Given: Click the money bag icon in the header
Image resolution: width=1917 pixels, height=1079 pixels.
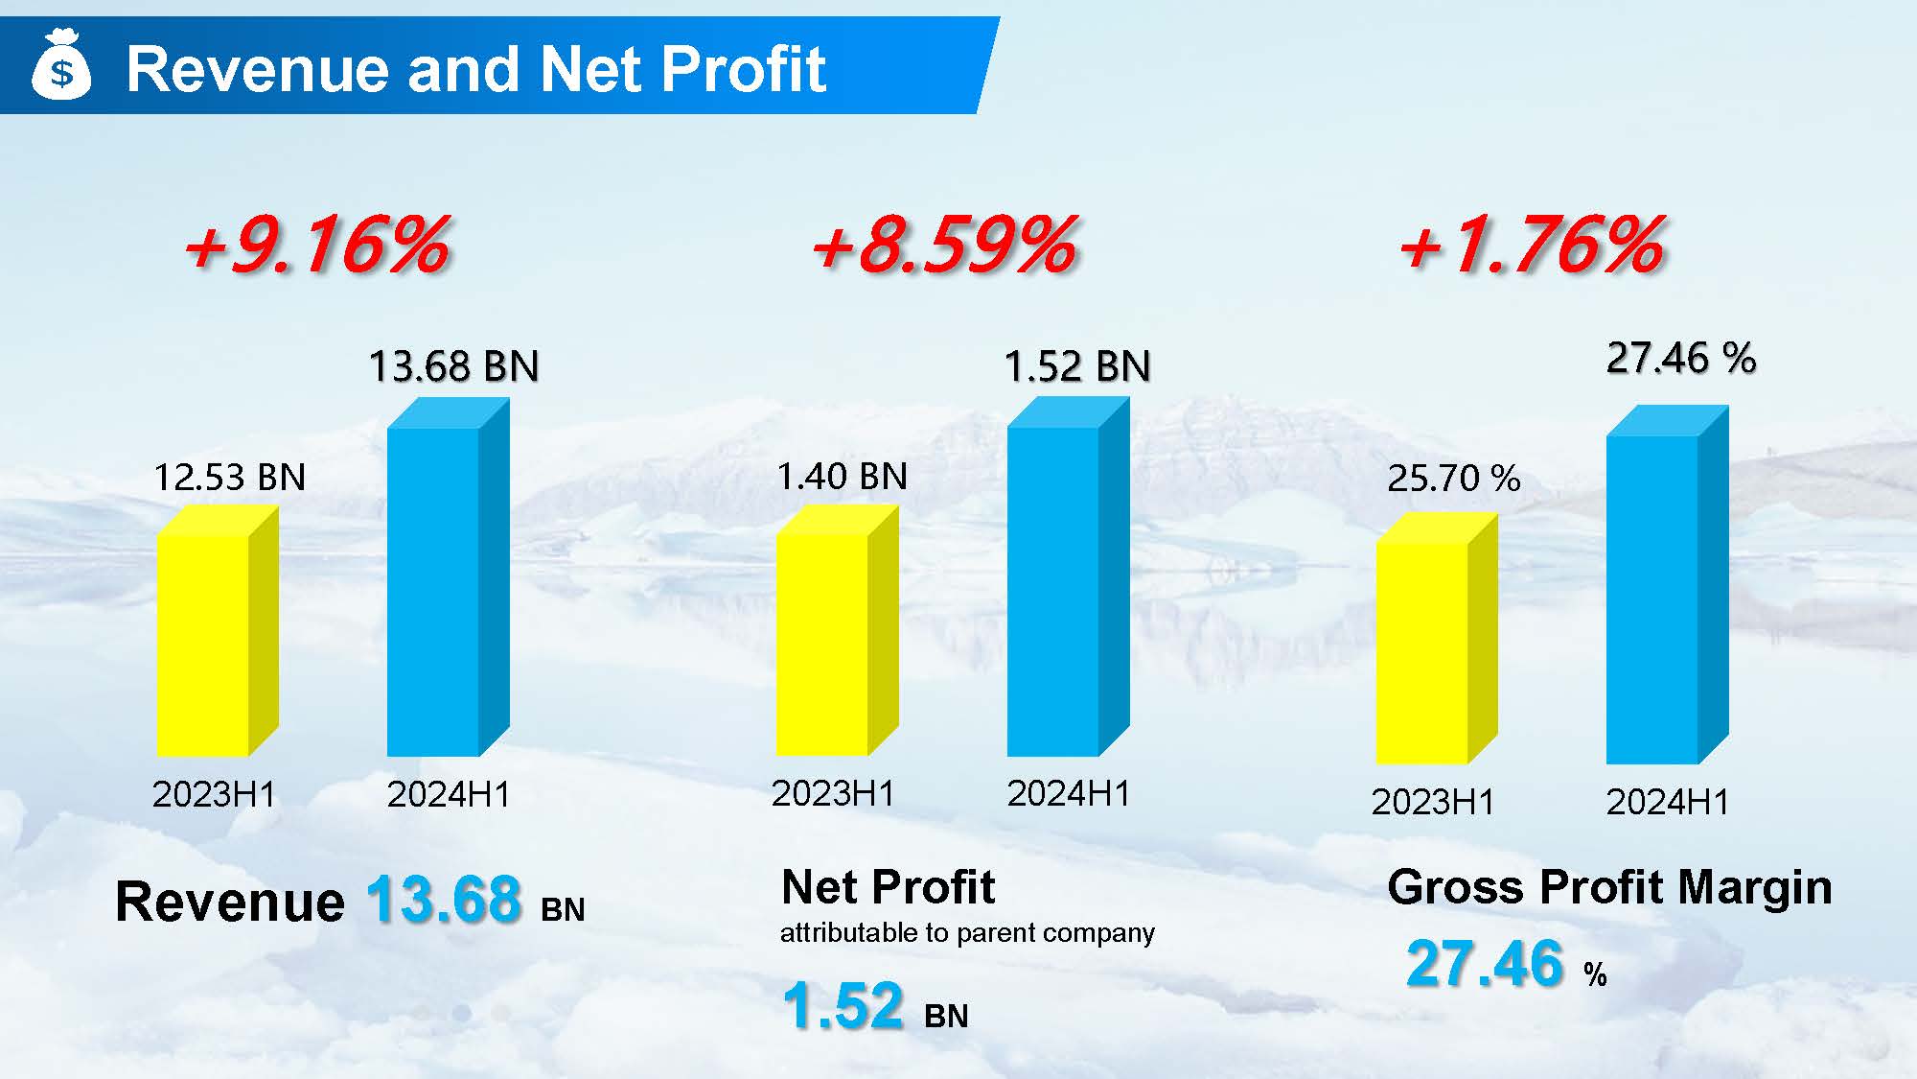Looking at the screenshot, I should click(x=61, y=65).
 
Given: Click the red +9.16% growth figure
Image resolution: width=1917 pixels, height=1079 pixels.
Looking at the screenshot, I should click(x=316, y=245).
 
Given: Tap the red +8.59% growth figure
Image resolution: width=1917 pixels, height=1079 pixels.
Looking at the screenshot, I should click(x=944, y=245).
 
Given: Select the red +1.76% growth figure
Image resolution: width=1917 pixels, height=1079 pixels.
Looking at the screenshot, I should click(x=1531, y=245).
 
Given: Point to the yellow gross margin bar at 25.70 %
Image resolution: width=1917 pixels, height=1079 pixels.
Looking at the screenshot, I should click(x=1422, y=652).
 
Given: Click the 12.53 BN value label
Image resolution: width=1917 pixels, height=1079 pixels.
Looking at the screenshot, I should click(x=229, y=477).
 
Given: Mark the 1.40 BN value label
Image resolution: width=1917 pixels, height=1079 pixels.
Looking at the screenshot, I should click(x=842, y=476).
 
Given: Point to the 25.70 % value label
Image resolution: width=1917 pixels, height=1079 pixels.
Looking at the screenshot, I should click(x=1453, y=478).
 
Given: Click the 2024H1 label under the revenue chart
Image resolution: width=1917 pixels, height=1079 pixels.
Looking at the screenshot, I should click(x=449, y=794).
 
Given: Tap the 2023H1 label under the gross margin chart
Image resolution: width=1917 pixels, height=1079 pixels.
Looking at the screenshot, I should click(x=1432, y=802).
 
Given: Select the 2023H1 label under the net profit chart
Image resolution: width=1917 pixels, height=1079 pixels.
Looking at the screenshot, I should click(x=833, y=793).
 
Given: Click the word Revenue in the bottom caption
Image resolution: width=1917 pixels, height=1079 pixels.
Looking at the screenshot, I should click(x=229, y=902).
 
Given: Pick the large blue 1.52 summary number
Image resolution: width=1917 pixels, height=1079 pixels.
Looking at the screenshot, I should click(x=843, y=1005).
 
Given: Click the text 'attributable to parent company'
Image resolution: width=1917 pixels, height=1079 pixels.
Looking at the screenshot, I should click(x=967, y=932).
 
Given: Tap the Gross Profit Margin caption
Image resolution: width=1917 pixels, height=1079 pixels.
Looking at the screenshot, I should click(x=1609, y=887).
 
